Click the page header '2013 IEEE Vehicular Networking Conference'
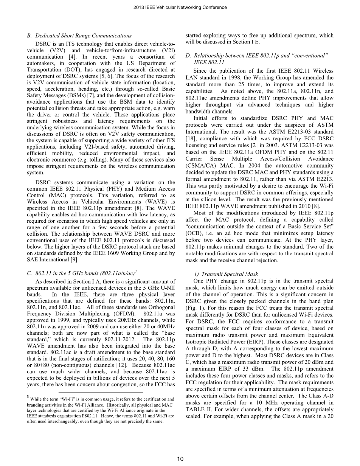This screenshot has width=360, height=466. point(180,7)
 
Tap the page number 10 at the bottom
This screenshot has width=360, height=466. point(180,459)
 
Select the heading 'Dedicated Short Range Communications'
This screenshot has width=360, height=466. point(83,36)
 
